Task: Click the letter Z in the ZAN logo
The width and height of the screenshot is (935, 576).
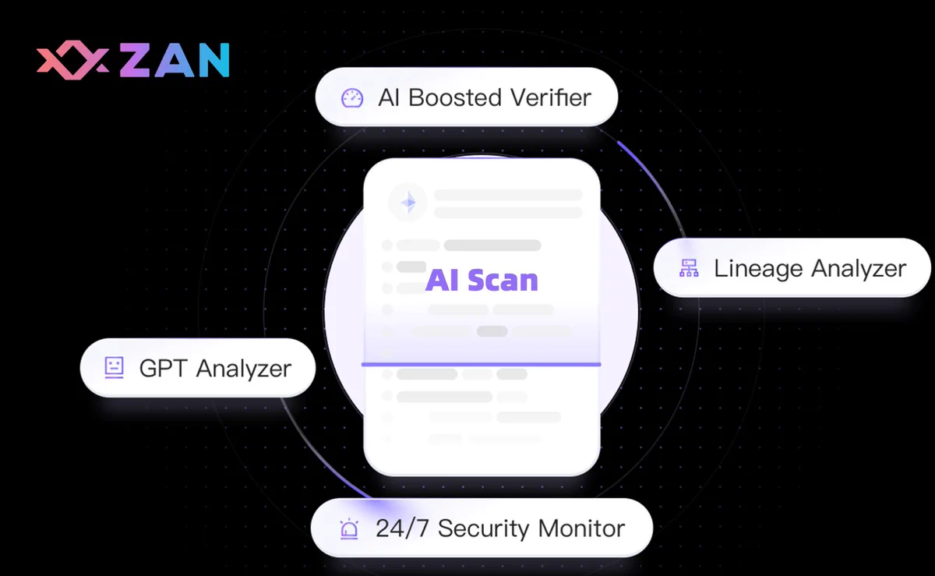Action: pyautogui.click(x=134, y=60)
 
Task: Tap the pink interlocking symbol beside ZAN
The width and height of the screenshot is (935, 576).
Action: pyautogui.click(x=72, y=60)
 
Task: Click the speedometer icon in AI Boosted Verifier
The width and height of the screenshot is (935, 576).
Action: pyautogui.click(x=352, y=98)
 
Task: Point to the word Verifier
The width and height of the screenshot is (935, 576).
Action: pyautogui.click(x=551, y=97)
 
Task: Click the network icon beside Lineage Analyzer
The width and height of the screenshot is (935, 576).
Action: pyautogui.click(x=689, y=268)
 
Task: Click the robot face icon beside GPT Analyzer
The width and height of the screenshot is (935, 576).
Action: pyautogui.click(x=114, y=368)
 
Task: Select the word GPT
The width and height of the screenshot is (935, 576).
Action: pyautogui.click(x=163, y=368)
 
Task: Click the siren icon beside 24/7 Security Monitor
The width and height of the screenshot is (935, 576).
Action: pyautogui.click(x=349, y=528)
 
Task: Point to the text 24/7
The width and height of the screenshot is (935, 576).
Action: pyautogui.click(x=402, y=528)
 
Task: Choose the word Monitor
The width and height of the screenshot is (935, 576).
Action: pyautogui.click(x=582, y=528)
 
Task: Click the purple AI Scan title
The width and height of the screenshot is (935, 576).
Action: pyautogui.click(x=482, y=280)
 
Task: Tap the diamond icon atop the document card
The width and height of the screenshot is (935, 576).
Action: pyautogui.click(x=408, y=203)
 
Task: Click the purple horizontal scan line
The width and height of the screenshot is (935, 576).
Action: pyautogui.click(x=481, y=365)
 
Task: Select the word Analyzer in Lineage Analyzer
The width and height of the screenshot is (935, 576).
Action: pyautogui.click(x=858, y=269)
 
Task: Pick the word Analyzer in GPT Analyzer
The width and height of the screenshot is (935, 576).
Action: pyautogui.click(x=244, y=369)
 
